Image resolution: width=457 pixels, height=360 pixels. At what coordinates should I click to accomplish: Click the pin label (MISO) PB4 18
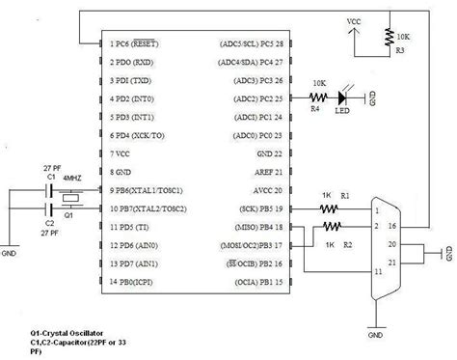tap(254, 227)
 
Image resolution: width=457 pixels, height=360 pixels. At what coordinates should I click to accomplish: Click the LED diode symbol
tap(344, 98)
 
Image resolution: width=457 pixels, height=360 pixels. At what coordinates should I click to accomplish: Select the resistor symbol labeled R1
tap(331, 208)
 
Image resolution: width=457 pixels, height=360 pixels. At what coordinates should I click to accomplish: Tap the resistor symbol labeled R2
tap(331, 227)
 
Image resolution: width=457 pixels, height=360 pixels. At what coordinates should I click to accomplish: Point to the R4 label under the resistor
tap(313, 110)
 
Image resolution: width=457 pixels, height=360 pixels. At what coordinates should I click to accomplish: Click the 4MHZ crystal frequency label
tap(71, 178)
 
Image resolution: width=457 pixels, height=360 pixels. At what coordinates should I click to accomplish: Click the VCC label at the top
tap(355, 18)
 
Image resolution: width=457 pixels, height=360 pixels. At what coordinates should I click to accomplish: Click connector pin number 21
tap(390, 261)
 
